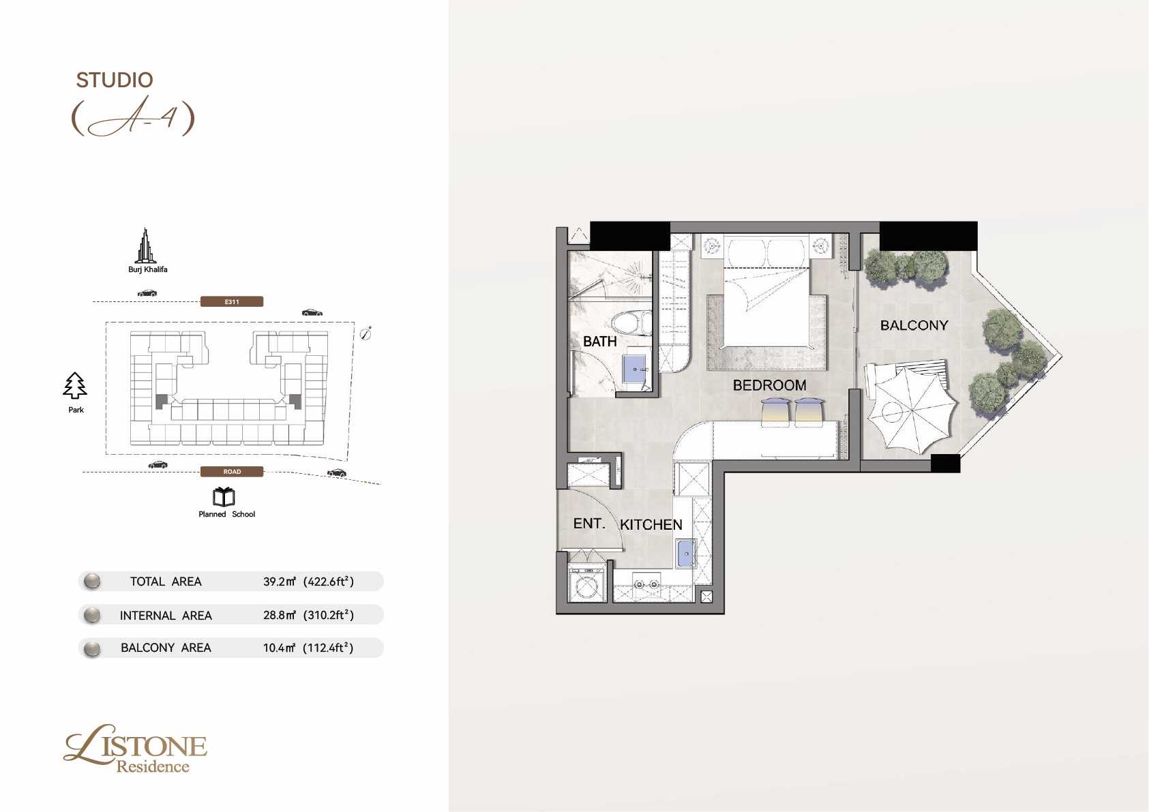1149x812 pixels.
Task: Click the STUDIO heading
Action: click(x=115, y=80)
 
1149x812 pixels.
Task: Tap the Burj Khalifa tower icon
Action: click(x=146, y=245)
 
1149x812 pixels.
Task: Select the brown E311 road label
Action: click(x=232, y=301)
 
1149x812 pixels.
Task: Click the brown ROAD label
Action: click(x=232, y=471)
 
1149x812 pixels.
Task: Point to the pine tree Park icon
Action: click(x=75, y=385)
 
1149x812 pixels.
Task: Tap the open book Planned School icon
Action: click(x=224, y=496)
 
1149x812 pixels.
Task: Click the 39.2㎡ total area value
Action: click(x=280, y=581)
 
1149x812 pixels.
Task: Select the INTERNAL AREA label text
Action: click(x=166, y=615)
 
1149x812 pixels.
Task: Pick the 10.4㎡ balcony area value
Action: click(x=280, y=647)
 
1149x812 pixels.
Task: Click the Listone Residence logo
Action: click(x=135, y=749)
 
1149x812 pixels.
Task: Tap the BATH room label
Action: click(x=599, y=341)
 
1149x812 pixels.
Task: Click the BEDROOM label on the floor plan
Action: click(x=769, y=385)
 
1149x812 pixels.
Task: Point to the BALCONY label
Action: click(x=914, y=325)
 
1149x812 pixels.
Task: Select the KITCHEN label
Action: click(x=651, y=524)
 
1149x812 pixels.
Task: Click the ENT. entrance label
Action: click(x=589, y=523)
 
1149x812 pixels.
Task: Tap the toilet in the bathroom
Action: click(x=631, y=322)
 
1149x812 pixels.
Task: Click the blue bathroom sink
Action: click(x=635, y=368)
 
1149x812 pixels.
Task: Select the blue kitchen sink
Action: click(x=686, y=554)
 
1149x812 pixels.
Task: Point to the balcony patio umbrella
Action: click(x=912, y=410)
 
